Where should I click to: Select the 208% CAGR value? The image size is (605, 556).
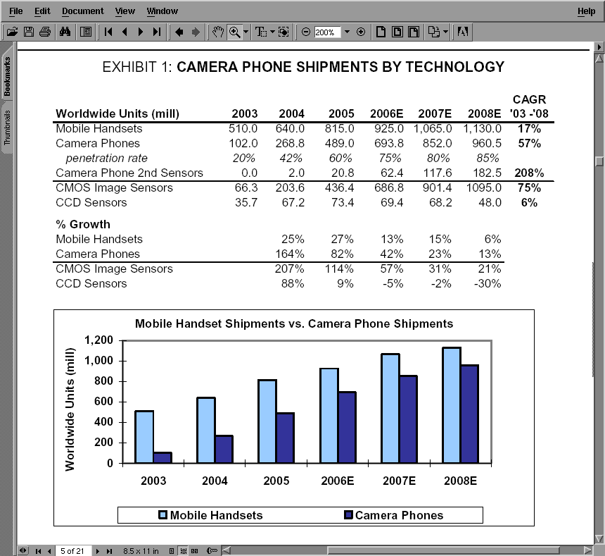pos(528,173)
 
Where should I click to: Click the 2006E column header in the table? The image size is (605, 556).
pos(387,114)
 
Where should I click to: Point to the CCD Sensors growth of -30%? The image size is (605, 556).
pos(487,284)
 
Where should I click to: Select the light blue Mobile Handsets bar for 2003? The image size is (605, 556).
pos(144,437)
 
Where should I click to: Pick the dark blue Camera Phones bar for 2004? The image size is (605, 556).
pos(224,449)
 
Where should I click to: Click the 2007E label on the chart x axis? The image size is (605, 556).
pos(400,481)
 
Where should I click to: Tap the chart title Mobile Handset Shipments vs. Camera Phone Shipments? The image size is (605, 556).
pos(294,324)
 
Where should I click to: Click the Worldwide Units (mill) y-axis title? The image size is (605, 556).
pos(70,409)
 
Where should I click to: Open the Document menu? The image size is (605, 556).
pos(82,11)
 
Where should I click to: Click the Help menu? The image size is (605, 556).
pos(586,11)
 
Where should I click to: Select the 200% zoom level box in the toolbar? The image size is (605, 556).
pos(327,32)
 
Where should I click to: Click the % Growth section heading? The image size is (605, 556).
pos(83,225)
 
